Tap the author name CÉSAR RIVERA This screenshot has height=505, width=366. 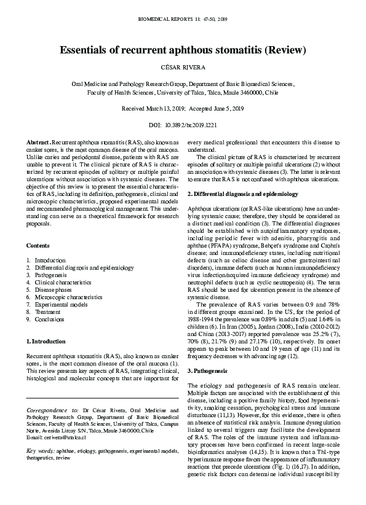click(x=183, y=66)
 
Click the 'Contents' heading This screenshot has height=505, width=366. click(x=38, y=245)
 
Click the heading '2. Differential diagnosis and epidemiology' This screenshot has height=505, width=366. click(x=242, y=194)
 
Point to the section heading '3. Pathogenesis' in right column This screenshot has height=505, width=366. click(x=207, y=372)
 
